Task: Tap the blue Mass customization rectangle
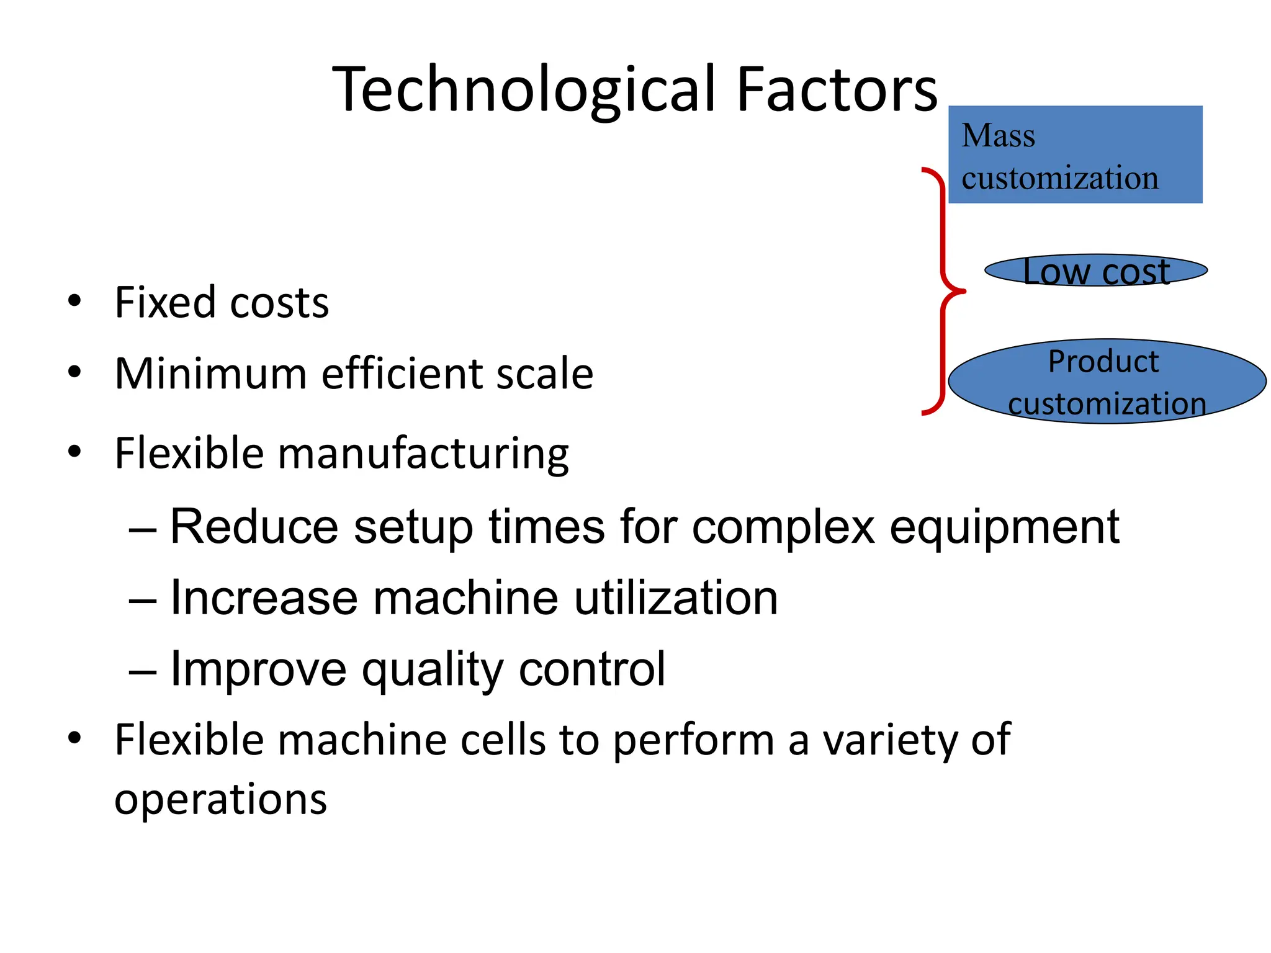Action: click(1075, 154)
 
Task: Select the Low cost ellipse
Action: click(1096, 271)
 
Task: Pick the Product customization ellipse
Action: click(1107, 382)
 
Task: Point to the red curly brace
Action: click(942, 290)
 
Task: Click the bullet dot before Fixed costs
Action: click(74, 302)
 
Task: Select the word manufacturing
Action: click(423, 454)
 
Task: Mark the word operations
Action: click(220, 799)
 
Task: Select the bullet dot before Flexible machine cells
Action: click(74, 738)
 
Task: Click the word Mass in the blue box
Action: click(998, 135)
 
